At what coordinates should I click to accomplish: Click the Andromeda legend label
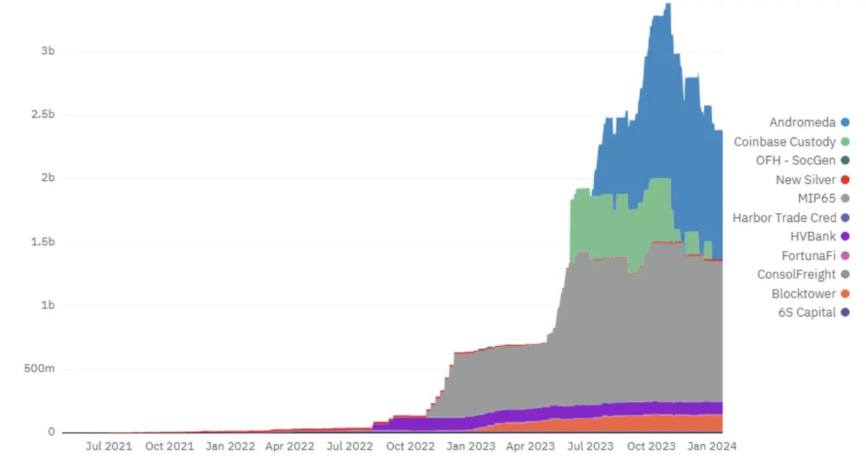[802, 122]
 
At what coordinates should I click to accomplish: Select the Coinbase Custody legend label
[785, 142]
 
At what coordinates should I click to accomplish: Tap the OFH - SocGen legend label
[795, 160]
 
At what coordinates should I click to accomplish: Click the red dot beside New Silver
[845, 180]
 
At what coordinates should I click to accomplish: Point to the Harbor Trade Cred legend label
[784, 218]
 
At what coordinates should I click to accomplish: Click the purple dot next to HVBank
[845, 237]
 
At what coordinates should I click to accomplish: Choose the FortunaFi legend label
[808, 255]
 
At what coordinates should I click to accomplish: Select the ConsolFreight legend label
[796, 275]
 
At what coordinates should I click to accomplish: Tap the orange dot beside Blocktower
[845, 293]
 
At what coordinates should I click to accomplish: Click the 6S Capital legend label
[807, 313]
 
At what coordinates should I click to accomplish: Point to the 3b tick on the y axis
[48, 51]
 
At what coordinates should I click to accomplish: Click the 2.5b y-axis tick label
[43, 115]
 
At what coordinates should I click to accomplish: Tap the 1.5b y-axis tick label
[43, 242]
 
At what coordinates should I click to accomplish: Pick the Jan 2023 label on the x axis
[470, 446]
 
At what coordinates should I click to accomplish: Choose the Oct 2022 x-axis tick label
[411, 446]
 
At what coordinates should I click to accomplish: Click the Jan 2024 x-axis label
[712, 446]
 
